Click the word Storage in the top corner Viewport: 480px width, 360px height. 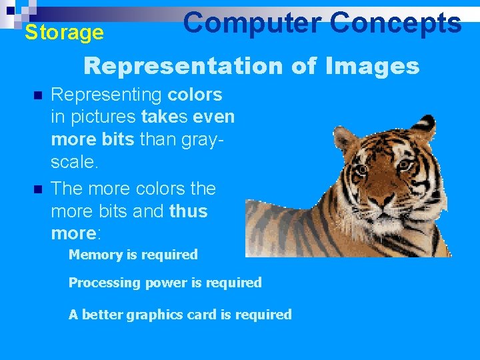point(64,32)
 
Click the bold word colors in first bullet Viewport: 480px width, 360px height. point(195,95)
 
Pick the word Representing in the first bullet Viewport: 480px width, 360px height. point(107,95)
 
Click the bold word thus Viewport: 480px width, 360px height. point(189,211)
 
